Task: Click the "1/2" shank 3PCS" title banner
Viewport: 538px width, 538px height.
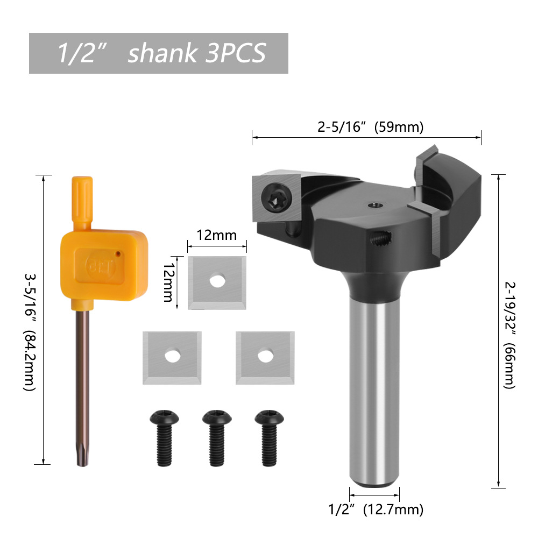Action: [x=159, y=53]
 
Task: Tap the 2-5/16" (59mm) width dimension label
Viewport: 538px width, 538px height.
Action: [x=370, y=127]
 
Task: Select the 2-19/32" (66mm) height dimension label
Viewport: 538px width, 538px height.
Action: [x=510, y=335]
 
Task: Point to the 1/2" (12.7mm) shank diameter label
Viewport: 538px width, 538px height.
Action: [x=376, y=509]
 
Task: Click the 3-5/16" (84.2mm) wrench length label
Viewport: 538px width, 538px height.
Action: [x=30, y=332]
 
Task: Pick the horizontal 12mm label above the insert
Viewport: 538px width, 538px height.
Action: [x=216, y=236]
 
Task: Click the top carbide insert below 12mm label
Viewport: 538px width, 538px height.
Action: [x=217, y=283]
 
